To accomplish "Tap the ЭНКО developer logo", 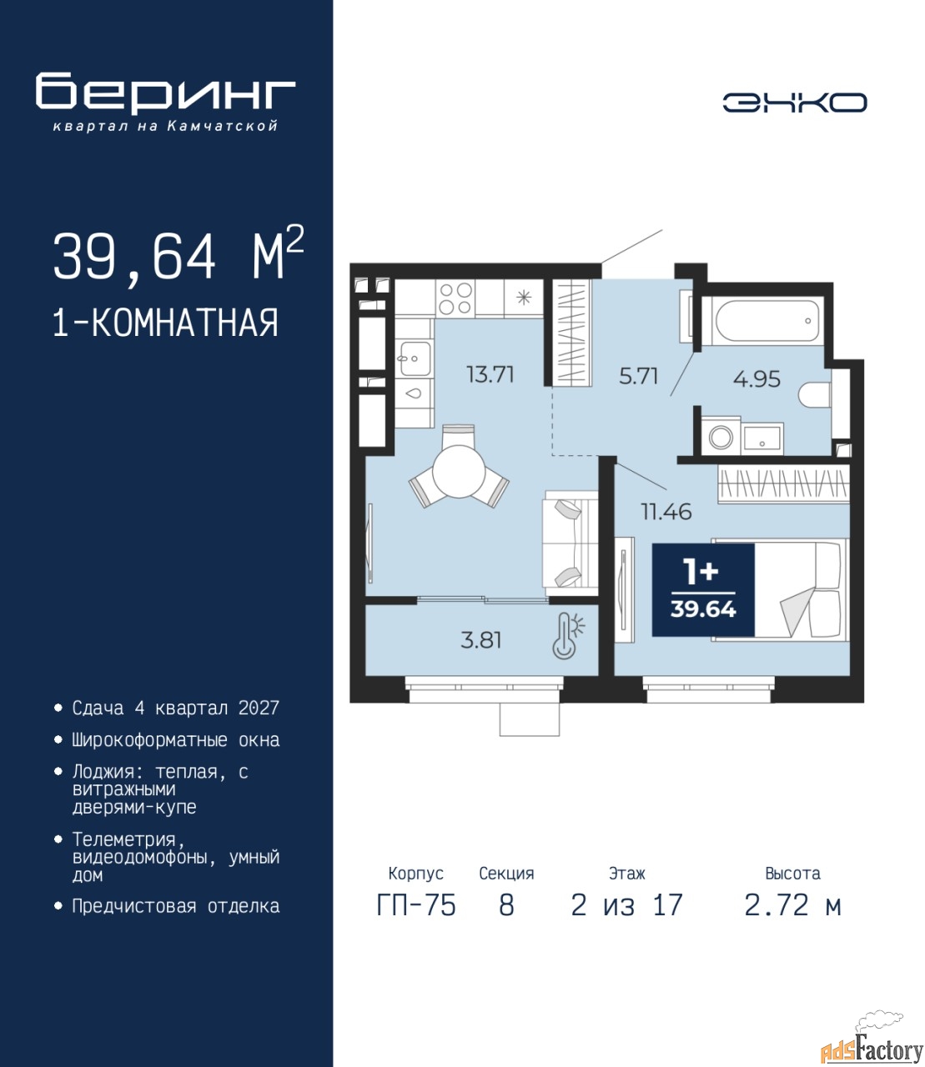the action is pos(795,103).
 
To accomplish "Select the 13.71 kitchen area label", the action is pos(490,374).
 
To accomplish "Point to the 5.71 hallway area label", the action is pos(638,376).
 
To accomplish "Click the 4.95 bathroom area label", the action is pos(757,379).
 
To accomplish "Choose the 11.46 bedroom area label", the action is pos(666,512).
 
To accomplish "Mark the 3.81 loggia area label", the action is pos(480,640).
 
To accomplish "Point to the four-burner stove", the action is pos(455,298).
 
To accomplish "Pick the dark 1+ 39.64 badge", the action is pos(703,589).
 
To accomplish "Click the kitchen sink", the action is pos(415,358).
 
